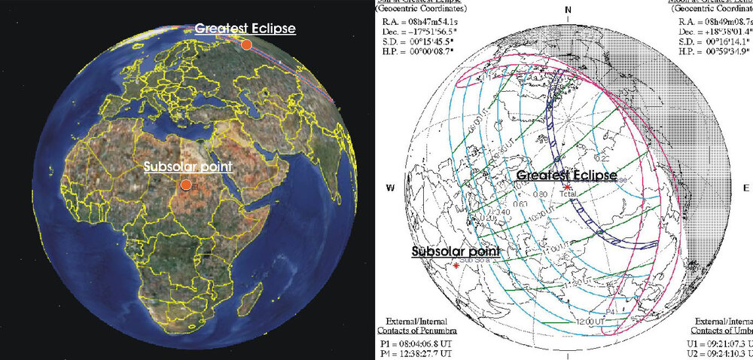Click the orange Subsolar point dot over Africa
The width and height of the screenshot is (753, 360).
[184, 183]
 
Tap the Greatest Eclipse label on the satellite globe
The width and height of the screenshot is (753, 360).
[245, 29]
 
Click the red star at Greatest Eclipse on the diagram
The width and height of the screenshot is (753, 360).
[567, 186]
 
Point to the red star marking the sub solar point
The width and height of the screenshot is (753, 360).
[456, 266]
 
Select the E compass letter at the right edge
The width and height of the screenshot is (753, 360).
[745, 188]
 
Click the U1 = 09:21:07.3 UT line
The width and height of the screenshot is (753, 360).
[722, 341]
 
